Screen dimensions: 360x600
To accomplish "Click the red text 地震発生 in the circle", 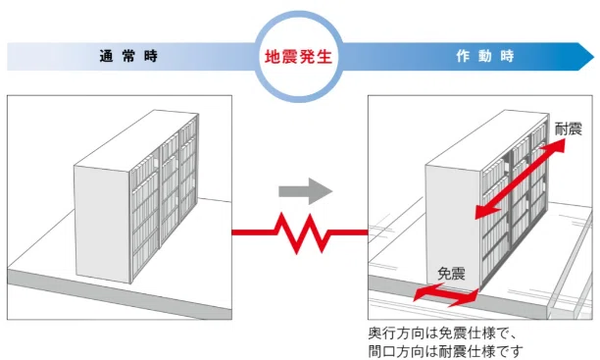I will coord(299,56).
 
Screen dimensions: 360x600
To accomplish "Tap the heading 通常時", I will coord(127,56).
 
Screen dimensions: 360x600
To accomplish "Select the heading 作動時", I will coord(484,56).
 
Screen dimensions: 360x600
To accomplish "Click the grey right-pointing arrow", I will coord(300,189).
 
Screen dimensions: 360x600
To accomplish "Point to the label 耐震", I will coord(568,129).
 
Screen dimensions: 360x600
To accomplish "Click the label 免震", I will coord(451,274).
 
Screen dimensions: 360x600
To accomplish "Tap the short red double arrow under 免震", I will coord(446,293).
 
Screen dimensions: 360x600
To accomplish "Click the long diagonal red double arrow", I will coord(519,179).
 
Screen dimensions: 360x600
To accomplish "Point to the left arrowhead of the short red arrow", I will coord(418,294).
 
